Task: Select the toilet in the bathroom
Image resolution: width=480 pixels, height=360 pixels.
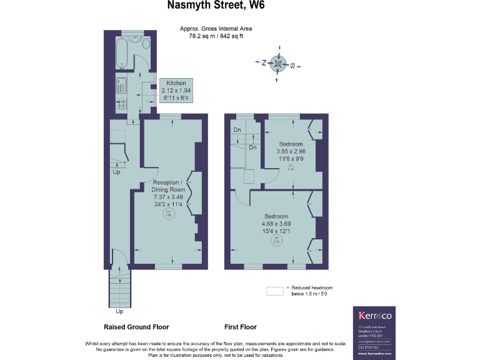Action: point(145,43)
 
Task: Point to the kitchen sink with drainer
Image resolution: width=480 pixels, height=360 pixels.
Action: point(121,84)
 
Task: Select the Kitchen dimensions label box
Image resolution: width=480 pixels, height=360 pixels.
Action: point(176,91)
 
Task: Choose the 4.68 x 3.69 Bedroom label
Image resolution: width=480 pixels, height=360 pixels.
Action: point(276,224)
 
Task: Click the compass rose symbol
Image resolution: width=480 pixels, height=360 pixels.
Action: point(278,62)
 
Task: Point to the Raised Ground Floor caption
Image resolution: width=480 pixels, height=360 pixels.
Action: point(136,327)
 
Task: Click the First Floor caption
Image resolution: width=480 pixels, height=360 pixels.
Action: point(241,327)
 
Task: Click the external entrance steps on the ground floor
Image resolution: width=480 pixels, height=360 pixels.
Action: point(120,287)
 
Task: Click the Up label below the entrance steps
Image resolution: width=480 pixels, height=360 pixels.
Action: point(120,311)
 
